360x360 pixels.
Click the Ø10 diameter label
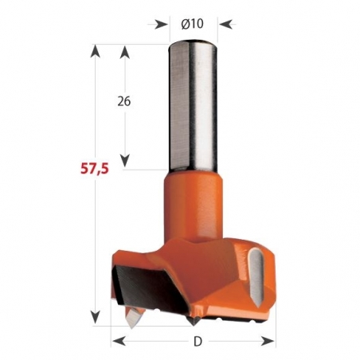pyautogui.click(x=194, y=23)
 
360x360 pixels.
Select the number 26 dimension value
pyautogui.click(x=123, y=102)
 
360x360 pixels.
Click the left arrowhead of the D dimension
pyautogui.click(x=116, y=341)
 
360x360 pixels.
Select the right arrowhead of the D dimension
pyautogui.click(x=272, y=341)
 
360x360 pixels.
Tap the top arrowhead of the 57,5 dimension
pyautogui.click(x=96, y=52)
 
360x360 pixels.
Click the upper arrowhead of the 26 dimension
pyautogui.click(x=124, y=52)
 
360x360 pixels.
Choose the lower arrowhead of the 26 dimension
pyautogui.click(x=124, y=162)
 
